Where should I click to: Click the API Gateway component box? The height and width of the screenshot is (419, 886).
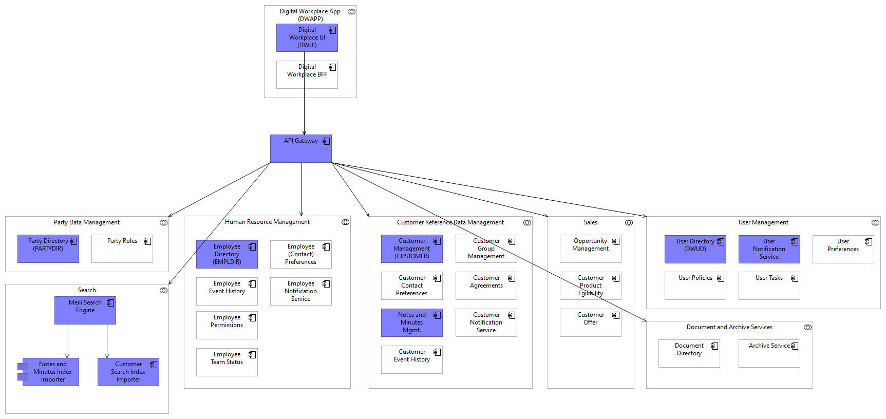tap(300, 149)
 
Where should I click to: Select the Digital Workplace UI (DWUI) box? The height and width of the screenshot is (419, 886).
tap(307, 37)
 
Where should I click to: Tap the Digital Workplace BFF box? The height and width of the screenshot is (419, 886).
tap(307, 74)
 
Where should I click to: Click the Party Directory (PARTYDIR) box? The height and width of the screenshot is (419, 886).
tap(48, 249)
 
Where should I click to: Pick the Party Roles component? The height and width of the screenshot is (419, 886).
tap(122, 249)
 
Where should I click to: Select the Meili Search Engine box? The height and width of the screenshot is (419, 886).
tap(85, 310)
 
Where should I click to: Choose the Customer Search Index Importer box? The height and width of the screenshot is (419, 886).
tap(128, 372)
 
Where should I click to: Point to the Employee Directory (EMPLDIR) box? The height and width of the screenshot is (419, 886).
tap(227, 254)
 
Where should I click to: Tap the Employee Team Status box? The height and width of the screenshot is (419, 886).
tap(227, 362)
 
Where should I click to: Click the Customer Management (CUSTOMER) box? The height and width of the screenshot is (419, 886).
tap(411, 249)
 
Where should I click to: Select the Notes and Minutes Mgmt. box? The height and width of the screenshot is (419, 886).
tap(411, 322)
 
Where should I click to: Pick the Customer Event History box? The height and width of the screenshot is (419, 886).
tap(411, 359)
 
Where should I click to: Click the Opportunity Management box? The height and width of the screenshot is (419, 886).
tap(590, 249)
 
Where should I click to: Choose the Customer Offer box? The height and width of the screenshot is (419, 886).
tap(590, 322)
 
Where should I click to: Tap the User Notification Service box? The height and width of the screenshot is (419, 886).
tap(769, 249)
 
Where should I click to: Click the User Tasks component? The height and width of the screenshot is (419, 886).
tap(769, 285)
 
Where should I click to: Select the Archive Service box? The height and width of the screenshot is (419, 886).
tap(769, 353)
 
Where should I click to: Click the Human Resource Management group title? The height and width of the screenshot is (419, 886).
tap(267, 222)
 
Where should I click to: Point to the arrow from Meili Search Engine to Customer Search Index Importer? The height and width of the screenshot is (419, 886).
tap(107, 341)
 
